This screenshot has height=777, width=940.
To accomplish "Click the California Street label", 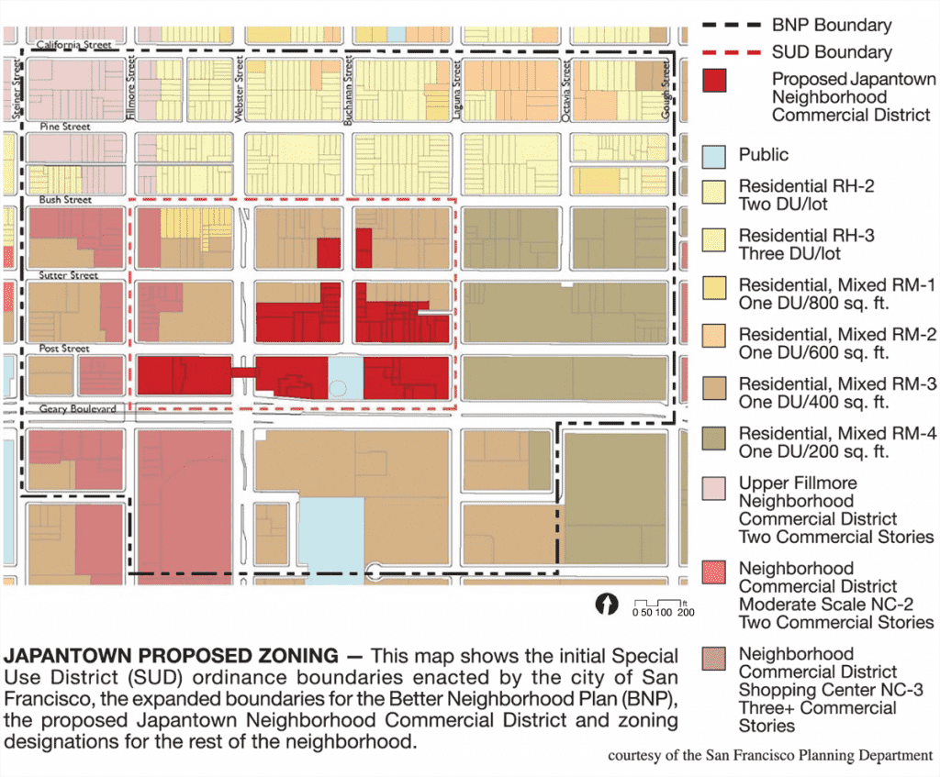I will point(73,44).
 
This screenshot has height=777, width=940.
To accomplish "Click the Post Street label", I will point(64,349).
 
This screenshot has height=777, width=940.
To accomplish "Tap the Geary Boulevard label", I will point(78,408).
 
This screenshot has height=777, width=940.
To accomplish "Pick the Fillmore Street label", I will point(131,83).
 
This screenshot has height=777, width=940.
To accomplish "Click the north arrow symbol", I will point(606,605).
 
